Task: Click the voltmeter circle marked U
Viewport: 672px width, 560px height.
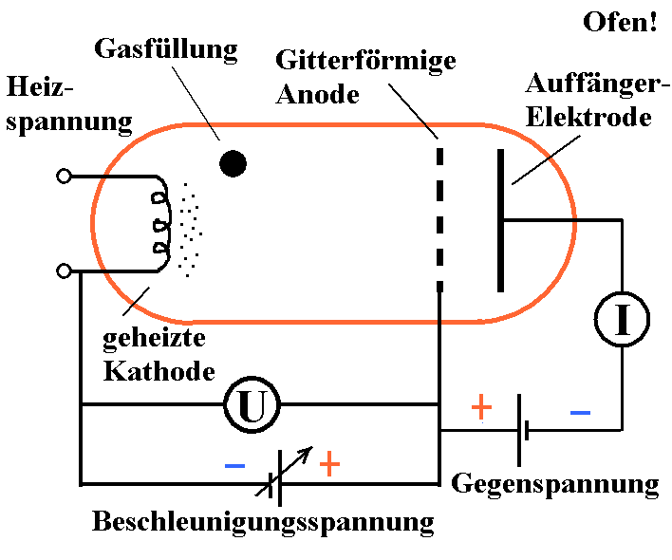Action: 252,406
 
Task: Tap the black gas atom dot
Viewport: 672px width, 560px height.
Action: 233,164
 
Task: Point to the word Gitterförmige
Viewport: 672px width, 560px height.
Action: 365,62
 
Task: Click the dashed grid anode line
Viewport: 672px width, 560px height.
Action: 439,217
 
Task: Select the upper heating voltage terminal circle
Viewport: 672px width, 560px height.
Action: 65,176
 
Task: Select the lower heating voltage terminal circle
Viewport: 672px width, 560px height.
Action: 65,271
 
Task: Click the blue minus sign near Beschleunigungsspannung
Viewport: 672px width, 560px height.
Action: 234,466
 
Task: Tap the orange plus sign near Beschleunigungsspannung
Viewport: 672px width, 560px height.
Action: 328,464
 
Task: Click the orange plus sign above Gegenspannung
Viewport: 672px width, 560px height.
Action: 482,407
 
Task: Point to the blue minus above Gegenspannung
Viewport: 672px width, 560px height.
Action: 580,413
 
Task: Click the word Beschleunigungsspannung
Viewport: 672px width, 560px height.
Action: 264,521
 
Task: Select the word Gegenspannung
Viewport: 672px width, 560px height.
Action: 555,483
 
